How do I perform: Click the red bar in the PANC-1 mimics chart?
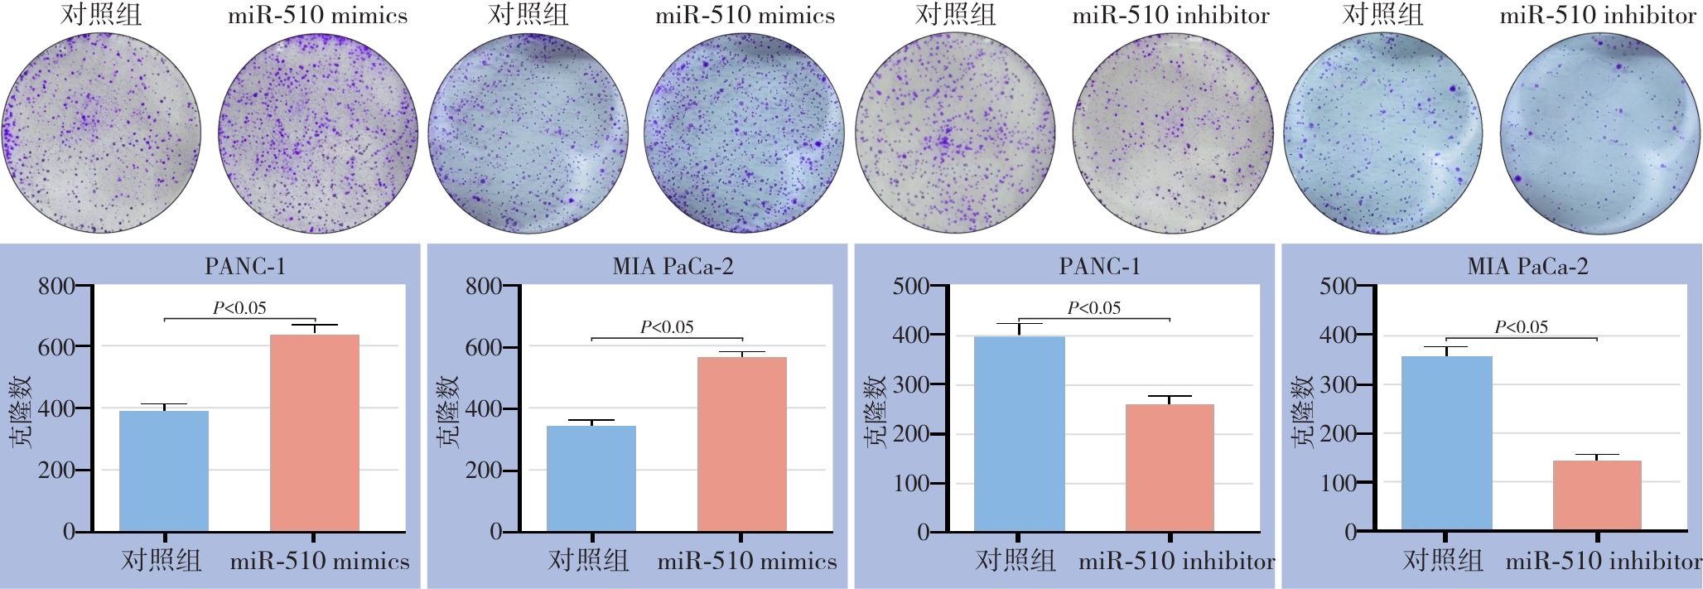(x=315, y=432)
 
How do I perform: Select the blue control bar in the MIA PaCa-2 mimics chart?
(x=591, y=478)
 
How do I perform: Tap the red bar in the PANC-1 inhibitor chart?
(x=1170, y=467)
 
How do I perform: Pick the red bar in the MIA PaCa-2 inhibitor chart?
(x=1597, y=495)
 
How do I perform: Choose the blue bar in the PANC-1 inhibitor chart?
(x=1019, y=433)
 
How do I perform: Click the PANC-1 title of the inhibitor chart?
(x=1099, y=267)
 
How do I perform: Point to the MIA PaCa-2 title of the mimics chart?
(x=673, y=267)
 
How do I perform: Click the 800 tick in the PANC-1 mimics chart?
(x=56, y=287)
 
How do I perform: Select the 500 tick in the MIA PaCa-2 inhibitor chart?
(x=1338, y=287)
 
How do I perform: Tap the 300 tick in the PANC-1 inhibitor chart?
(x=910, y=384)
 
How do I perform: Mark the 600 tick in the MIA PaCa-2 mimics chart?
(x=484, y=347)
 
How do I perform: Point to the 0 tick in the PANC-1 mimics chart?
(x=69, y=532)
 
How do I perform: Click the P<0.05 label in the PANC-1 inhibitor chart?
(x=1093, y=308)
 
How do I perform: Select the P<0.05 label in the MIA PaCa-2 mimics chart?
(x=667, y=327)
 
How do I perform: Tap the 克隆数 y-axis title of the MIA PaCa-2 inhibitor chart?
(x=1303, y=411)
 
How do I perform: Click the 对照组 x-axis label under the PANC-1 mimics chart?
(x=162, y=561)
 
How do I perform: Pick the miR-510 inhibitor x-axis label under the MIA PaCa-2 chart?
(x=1604, y=562)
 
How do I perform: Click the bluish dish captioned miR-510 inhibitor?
(x=1599, y=133)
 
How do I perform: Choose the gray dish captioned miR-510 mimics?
(x=318, y=133)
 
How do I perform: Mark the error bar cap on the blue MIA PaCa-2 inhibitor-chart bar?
(x=1445, y=347)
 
